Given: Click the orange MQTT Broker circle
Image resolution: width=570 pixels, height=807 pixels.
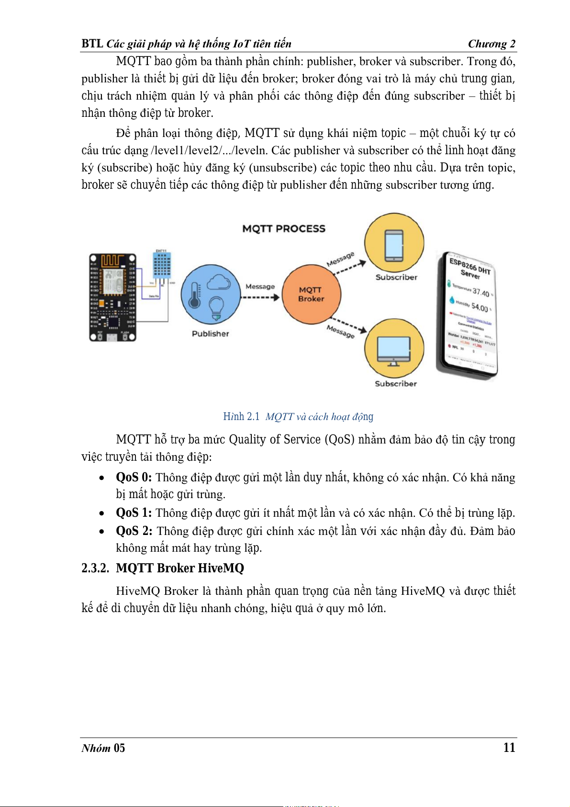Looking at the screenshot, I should tap(311, 294).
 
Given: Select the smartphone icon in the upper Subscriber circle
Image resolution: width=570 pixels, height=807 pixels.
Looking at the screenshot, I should tap(394, 245).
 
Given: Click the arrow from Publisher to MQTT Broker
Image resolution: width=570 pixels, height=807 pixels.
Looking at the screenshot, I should tap(260, 297).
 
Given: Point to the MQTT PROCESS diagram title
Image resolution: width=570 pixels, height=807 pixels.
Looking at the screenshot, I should tap(284, 228).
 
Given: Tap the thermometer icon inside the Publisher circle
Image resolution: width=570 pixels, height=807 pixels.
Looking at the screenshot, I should tap(194, 296).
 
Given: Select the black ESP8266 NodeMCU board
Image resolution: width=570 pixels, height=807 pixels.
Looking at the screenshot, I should tap(113, 297).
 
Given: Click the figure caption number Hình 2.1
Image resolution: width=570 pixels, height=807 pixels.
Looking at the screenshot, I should tap(241, 417).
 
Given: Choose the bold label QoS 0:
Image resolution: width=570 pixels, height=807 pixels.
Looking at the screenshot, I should tap(134, 477).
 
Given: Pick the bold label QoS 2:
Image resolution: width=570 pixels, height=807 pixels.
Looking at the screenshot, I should tap(134, 531).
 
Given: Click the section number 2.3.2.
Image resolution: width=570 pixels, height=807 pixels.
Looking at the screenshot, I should tap(95, 568).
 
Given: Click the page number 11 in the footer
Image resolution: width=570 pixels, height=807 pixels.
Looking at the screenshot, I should tap(509, 748).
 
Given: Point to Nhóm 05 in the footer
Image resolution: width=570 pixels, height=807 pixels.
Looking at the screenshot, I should tap(103, 748).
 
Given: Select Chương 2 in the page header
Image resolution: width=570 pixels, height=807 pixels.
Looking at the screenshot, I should tap(492, 44).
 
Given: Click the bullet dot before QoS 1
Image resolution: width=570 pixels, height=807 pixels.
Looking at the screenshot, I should tap(101, 513).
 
